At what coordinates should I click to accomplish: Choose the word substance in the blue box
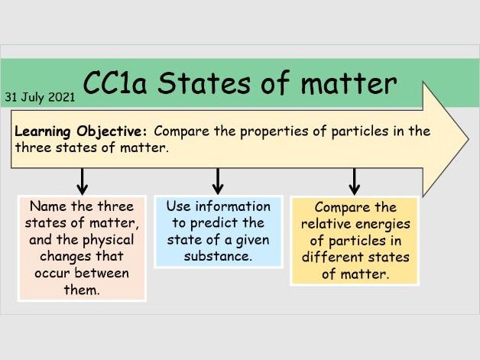[x=218, y=256]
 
